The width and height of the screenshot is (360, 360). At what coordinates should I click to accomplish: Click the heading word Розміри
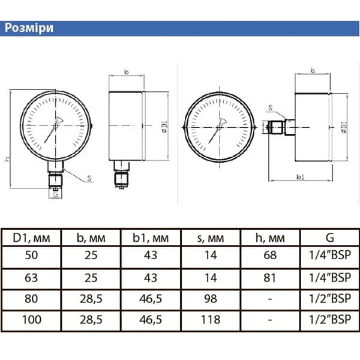coord(29,28)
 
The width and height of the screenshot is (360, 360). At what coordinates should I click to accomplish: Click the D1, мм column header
coord(31,238)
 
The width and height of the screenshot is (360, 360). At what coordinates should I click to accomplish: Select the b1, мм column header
coord(151,238)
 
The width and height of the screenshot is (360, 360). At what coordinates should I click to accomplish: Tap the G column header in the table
coord(329,238)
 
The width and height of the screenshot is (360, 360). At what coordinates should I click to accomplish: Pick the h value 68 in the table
coord(270,255)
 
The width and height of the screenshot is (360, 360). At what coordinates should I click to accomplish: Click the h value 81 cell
coord(270,278)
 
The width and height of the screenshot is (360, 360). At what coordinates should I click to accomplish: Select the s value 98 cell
coord(211,299)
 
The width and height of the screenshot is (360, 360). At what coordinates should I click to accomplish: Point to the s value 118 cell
coord(211,320)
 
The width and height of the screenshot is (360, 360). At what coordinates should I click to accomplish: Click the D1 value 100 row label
coord(32,320)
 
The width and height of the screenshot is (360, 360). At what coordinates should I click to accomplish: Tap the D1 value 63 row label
coord(31,278)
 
